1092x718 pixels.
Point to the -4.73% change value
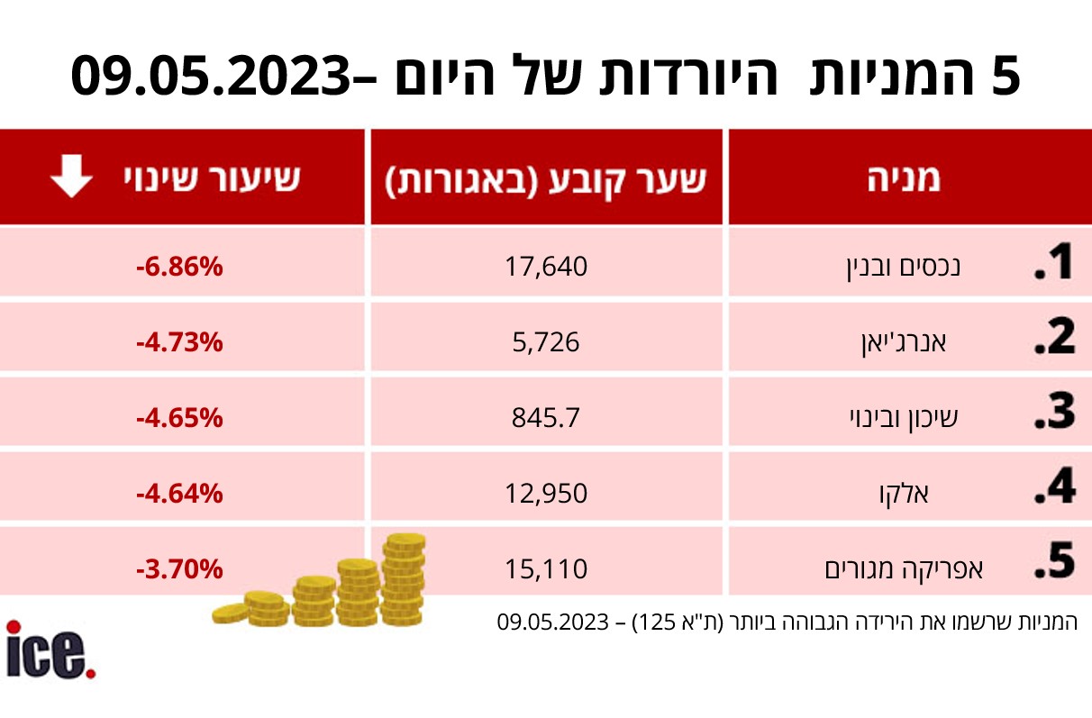tap(179, 342)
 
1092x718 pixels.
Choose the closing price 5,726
tap(546, 342)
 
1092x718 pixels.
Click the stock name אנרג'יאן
tap(904, 342)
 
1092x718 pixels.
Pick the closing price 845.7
tap(546, 418)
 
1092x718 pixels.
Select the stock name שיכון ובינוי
tap(904, 418)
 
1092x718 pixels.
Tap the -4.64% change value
tap(179, 494)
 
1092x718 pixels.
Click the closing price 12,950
tap(546, 494)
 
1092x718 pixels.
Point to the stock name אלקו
tap(904, 494)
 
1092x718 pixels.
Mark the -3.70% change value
tap(179, 568)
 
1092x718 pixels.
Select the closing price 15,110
tap(546, 568)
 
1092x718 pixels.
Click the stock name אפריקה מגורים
tap(904, 569)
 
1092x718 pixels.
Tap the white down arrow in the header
tap(72, 177)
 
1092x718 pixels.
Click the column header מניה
tap(904, 178)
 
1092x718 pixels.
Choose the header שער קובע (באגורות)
tap(546, 180)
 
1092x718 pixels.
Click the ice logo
tap(50, 650)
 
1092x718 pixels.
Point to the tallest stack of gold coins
tap(403, 579)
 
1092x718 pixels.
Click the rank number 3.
tap(1055, 412)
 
